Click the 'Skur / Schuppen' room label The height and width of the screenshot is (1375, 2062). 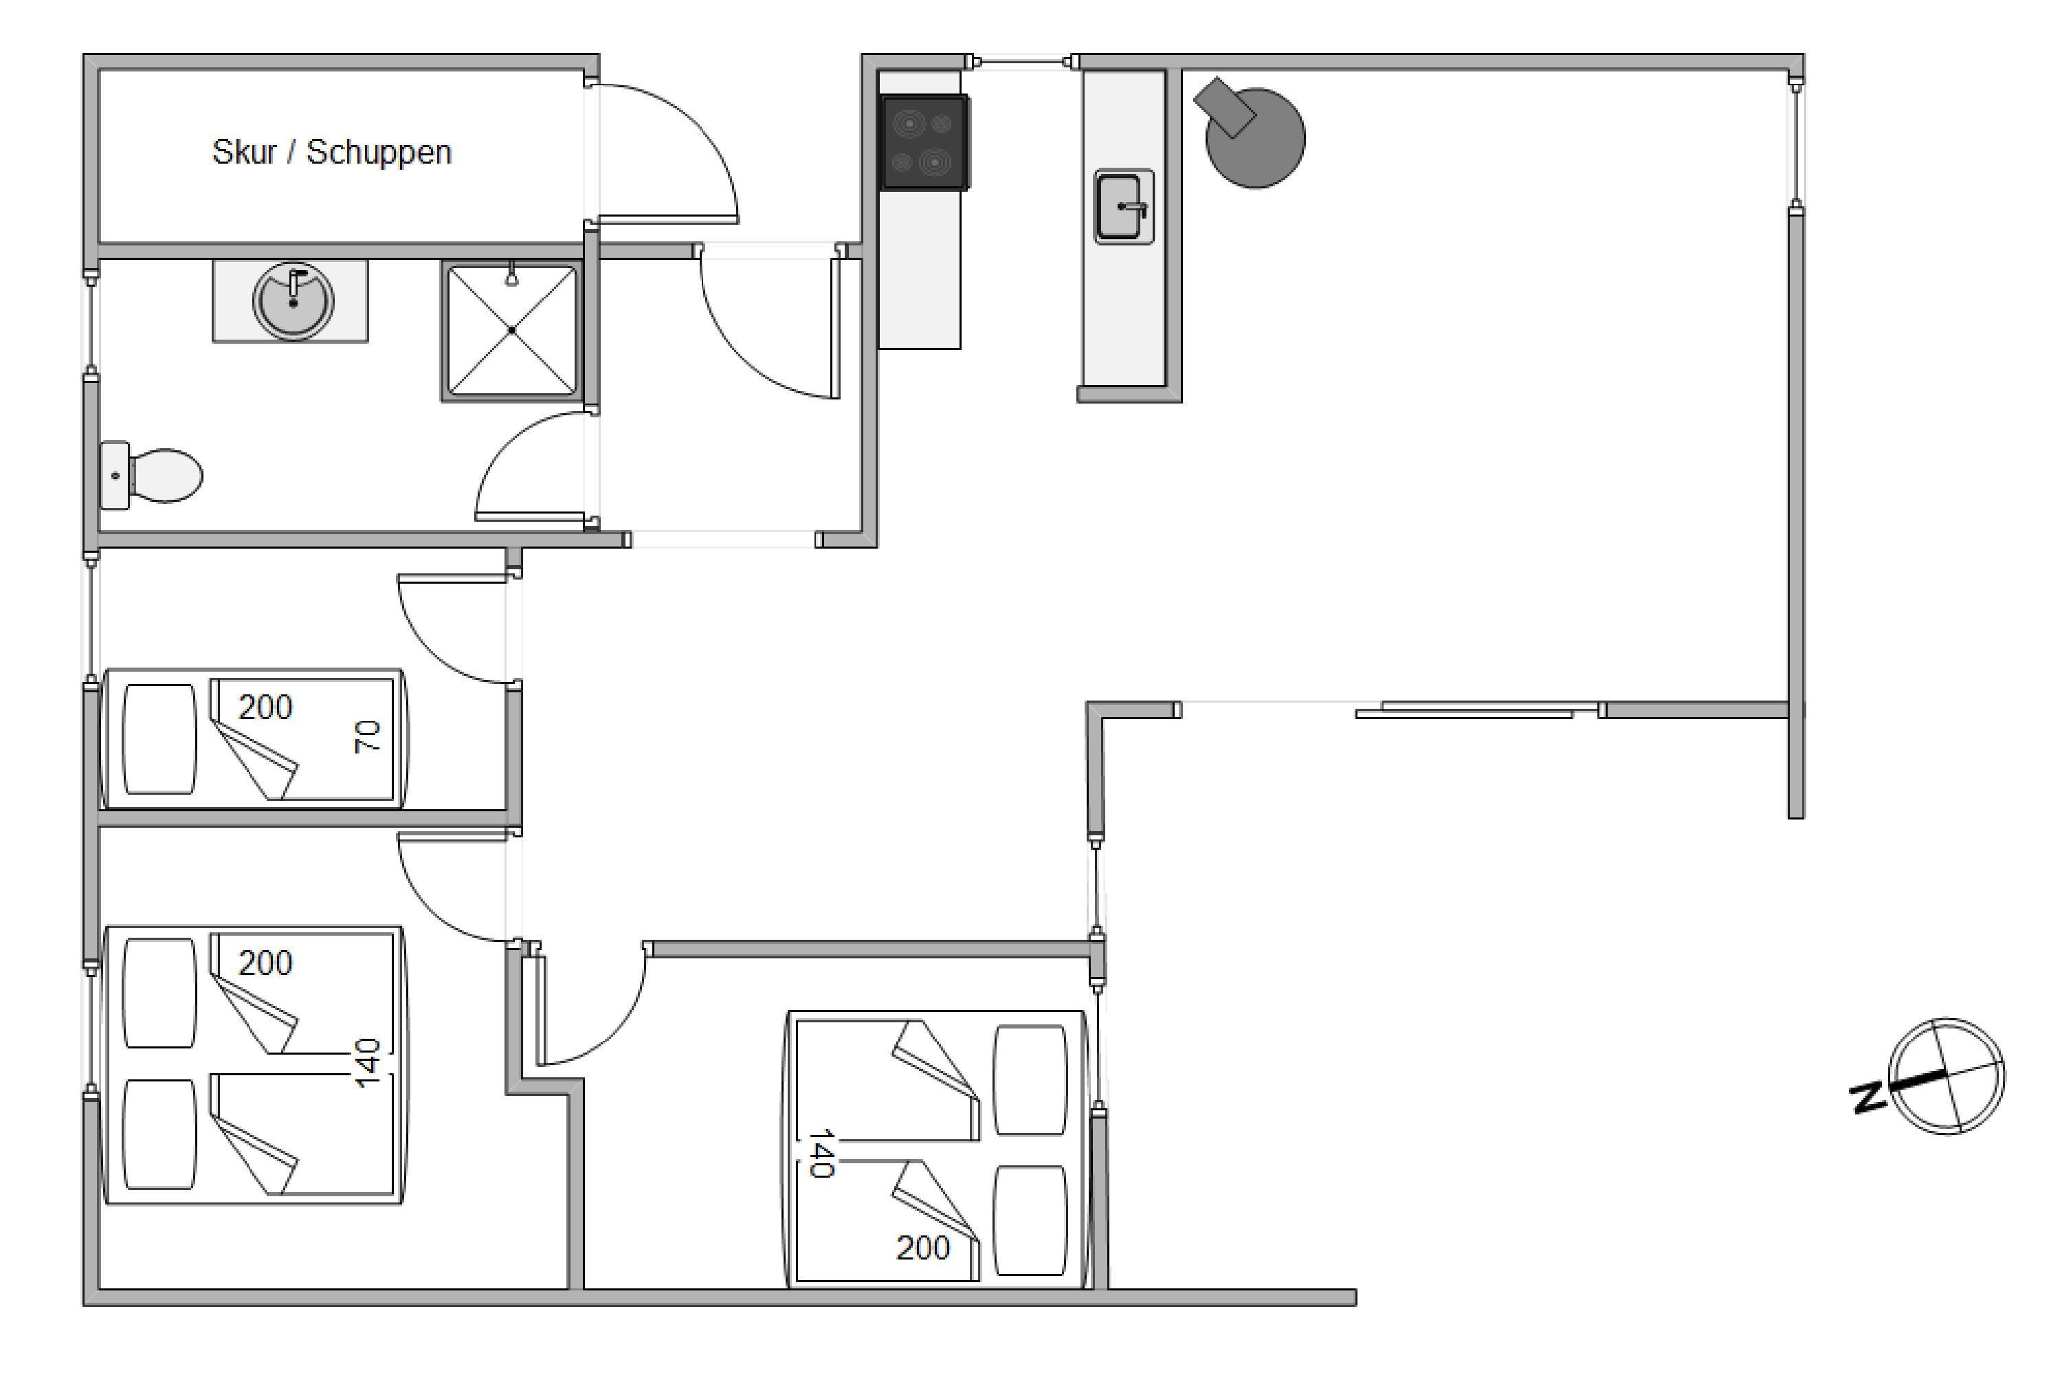point(331,153)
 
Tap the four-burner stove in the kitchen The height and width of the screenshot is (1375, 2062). point(924,142)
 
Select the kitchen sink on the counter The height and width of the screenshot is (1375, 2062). point(1123,207)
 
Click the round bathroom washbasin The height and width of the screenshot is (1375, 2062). point(293,300)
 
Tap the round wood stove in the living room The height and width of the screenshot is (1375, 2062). point(1254,137)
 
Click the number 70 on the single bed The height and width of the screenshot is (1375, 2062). point(368,736)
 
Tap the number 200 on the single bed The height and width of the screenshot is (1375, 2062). point(265,707)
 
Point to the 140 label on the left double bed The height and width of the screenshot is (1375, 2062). point(368,1063)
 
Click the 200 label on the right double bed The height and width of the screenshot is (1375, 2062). point(923,1247)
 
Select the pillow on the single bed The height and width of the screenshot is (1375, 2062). point(159,739)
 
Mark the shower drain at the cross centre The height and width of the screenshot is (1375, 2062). point(511,331)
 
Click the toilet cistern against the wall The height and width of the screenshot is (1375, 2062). point(115,475)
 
